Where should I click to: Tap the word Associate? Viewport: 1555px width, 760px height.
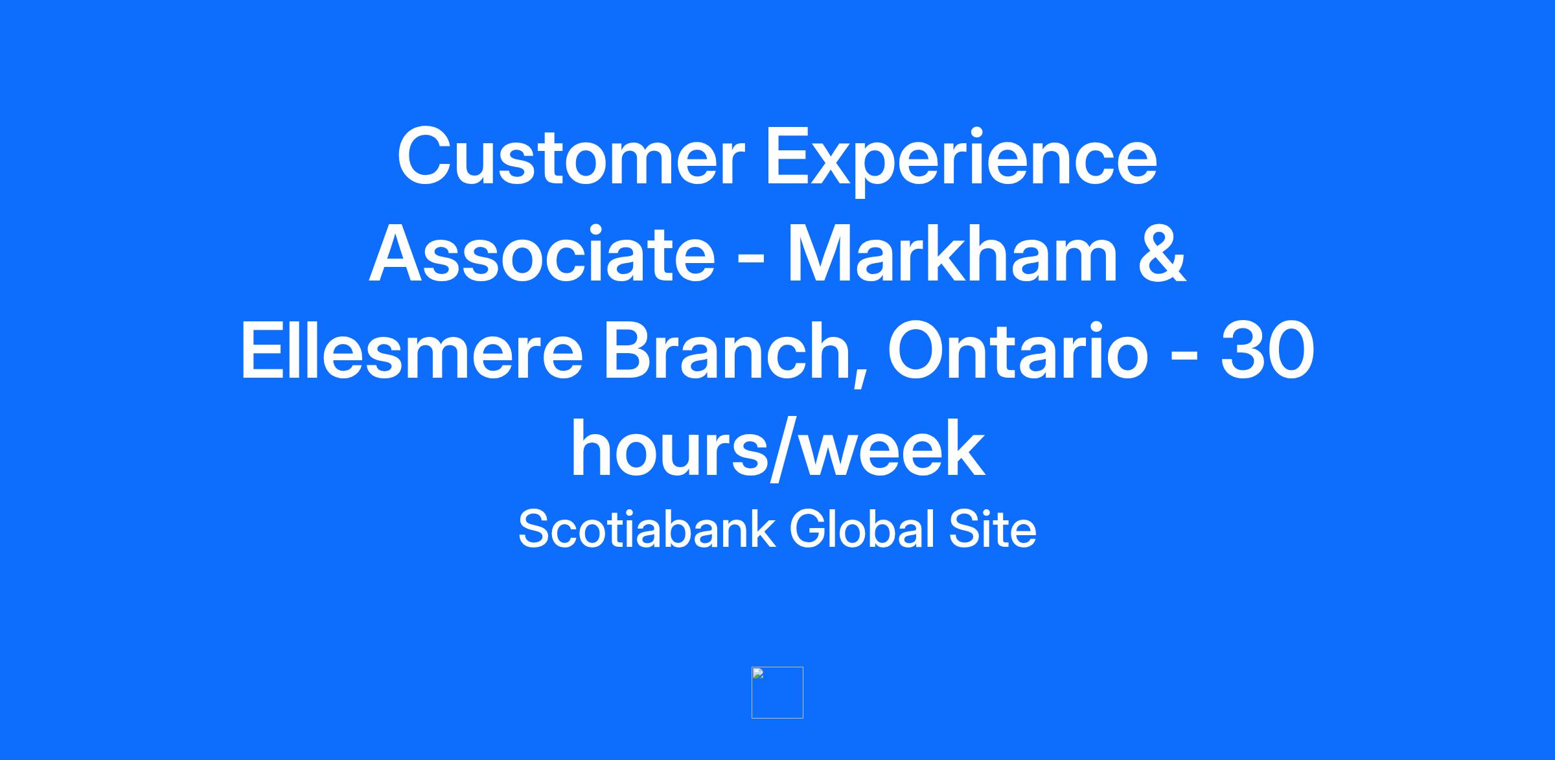(542, 254)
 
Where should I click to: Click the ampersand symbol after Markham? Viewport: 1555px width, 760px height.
(1162, 254)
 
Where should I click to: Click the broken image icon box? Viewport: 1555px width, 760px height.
(777, 692)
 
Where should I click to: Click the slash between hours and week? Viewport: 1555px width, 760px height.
(784, 450)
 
